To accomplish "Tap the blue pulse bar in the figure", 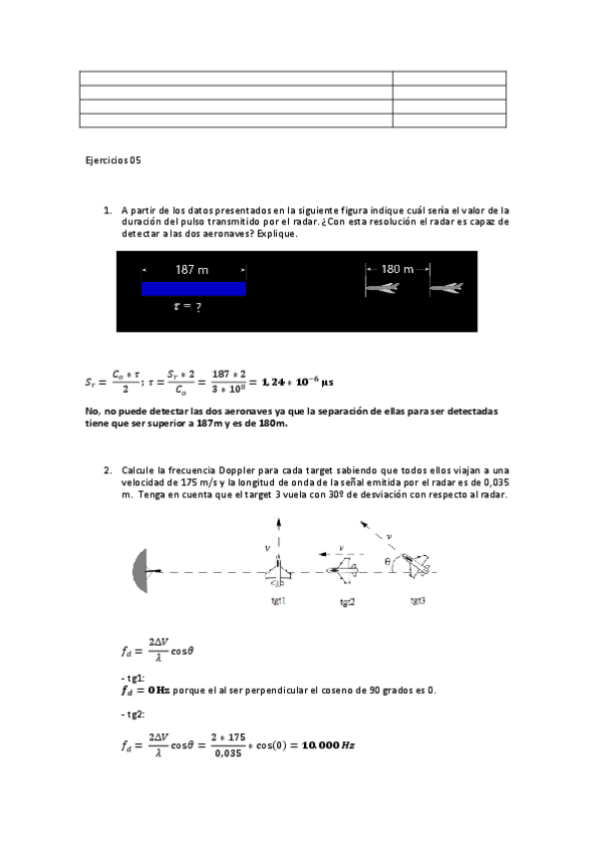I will click(193, 289).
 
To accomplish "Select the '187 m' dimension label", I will click(191, 270).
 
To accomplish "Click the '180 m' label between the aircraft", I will click(398, 269).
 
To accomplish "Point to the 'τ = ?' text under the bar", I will click(187, 308).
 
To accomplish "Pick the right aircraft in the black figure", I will click(447, 289).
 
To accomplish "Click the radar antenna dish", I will click(139, 571).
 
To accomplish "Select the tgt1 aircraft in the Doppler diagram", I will click(279, 572).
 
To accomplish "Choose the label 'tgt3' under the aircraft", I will click(420, 602).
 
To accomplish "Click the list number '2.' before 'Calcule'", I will click(107, 469).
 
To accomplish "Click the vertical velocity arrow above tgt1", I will click(279, 534).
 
